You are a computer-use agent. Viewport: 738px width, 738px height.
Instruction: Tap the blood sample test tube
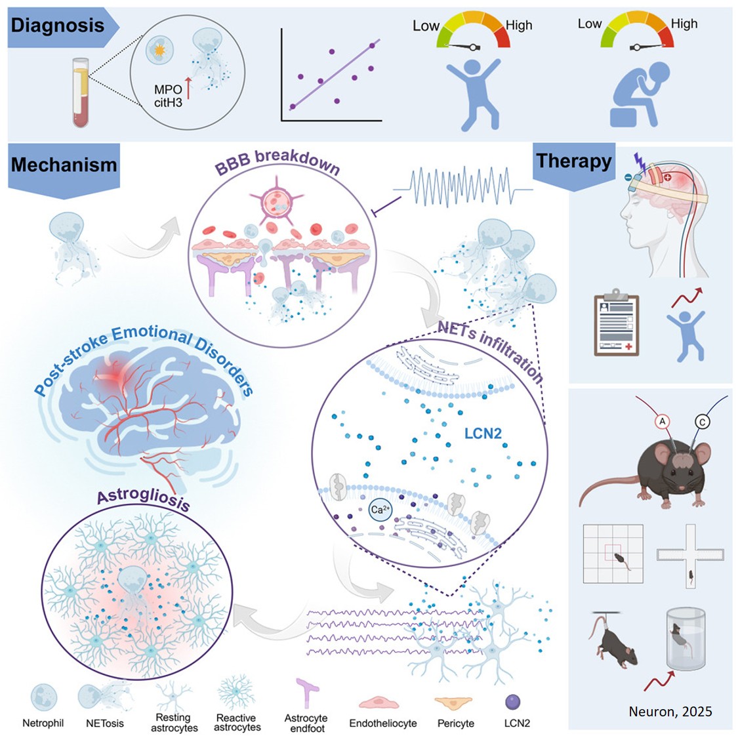click(x=81, y=92)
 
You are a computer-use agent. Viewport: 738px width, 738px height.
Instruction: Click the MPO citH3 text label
click(x=168, y=96)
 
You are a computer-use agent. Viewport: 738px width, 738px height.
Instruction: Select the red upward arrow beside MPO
click(x=188, y=89)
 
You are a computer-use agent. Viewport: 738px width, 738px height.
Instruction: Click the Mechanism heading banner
click(x=64, y=165)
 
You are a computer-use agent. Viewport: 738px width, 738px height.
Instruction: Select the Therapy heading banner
click(x=573, y=161)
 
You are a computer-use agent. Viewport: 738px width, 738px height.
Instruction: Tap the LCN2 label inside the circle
click(x=483, y=434)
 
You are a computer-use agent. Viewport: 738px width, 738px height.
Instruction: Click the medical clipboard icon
click(x=616, y=322)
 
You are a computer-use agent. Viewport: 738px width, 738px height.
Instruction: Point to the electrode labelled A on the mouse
click(x=663, y=422)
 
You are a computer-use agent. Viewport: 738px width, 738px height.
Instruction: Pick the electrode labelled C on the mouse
click(x=703, y=422)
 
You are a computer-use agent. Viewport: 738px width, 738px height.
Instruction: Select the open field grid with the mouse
click(x=613, y=554)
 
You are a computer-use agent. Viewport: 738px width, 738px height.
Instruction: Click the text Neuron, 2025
click(x=670, y=711)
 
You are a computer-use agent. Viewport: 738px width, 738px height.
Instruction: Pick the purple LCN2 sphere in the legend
click(x=513, y=702)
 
